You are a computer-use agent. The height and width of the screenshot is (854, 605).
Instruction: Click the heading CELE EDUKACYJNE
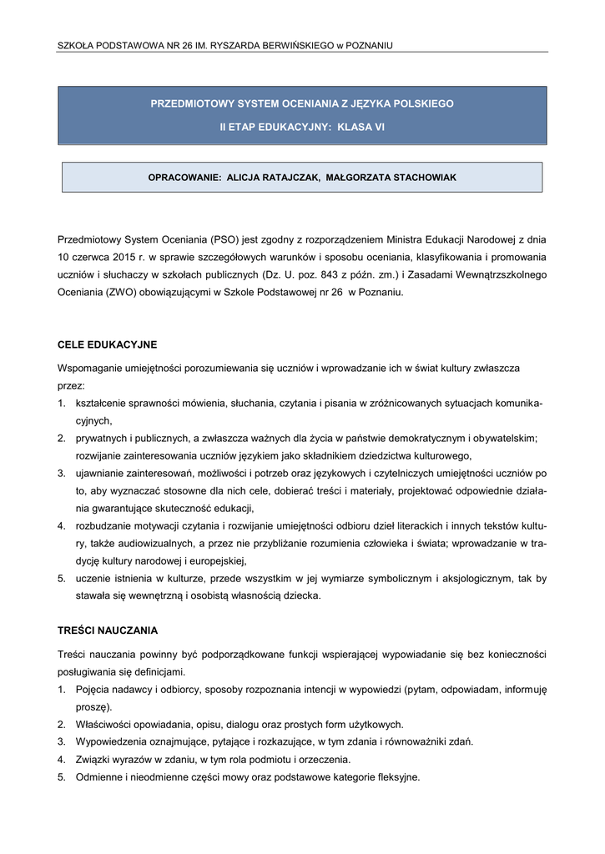point(107,344)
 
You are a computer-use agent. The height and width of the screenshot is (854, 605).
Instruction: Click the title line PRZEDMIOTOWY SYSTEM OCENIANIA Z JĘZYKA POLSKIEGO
point(302,103)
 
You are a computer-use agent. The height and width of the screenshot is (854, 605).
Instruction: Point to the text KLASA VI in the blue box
point(361,127)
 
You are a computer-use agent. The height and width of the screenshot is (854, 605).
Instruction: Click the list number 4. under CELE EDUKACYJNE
point(62,526)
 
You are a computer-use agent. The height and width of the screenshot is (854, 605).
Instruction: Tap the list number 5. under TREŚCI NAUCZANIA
point(62,777)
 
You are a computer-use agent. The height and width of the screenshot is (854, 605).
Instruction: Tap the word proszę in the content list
point(91,706)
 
